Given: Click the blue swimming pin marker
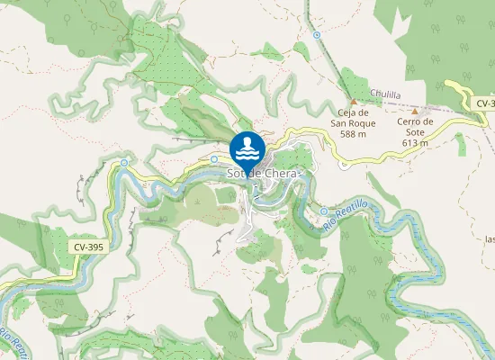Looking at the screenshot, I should click(247, 149).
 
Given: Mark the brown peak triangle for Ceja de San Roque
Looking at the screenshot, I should click(353, 101).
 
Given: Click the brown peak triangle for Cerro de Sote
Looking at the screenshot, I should click(414, 111).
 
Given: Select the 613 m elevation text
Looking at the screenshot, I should click(415, 142).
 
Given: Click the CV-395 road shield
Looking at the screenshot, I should click(86, 246).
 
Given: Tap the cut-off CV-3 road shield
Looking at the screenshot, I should click(483, 104).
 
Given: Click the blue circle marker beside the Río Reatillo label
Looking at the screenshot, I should click(324, 211).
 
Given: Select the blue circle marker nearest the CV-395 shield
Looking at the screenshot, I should click(124, 163).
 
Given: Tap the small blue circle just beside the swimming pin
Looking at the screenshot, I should click(215, 158).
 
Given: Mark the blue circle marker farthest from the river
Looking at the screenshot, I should click(317, 35).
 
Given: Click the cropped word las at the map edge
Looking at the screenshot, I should click(489, 239).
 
